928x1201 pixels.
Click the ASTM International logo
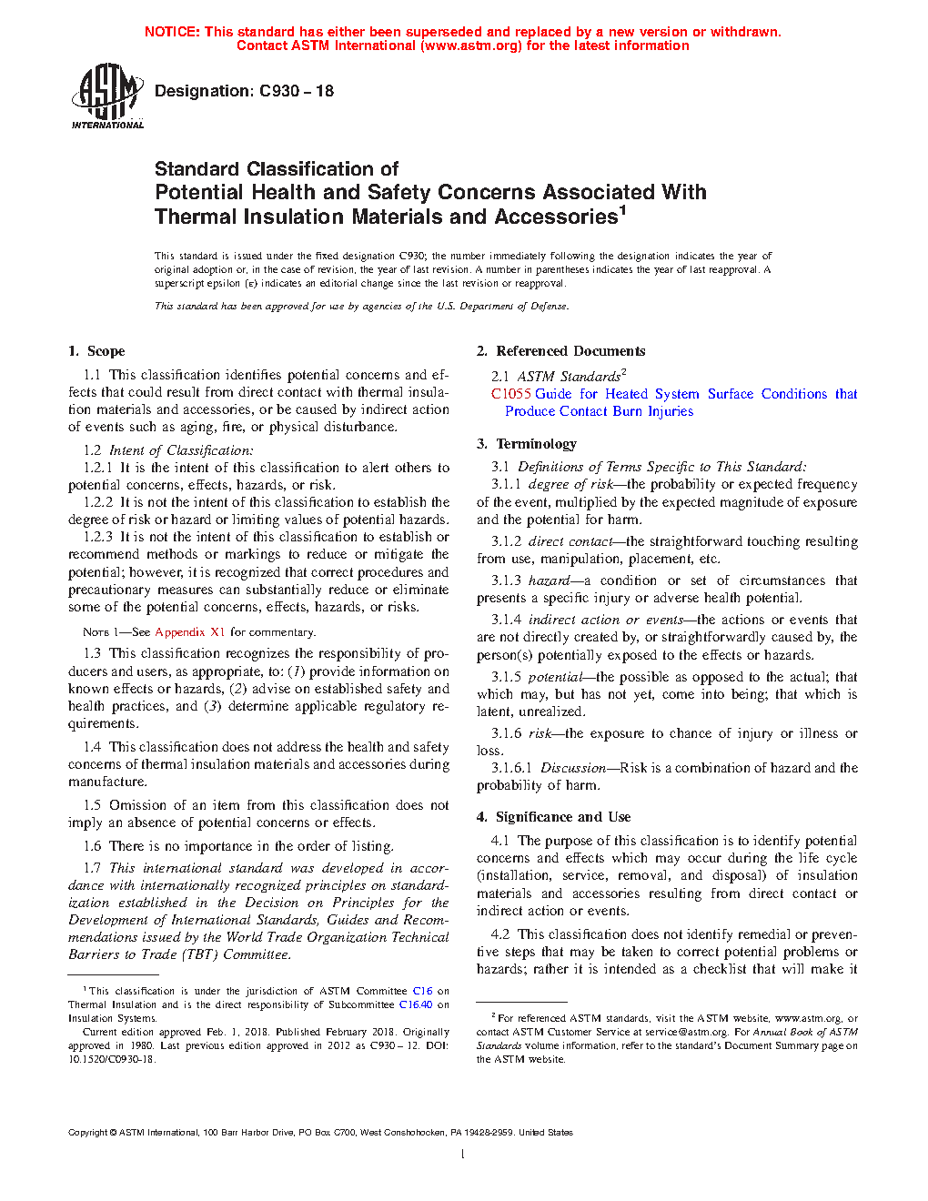tap(106, 96)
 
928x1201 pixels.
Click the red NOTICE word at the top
tap(172, 32)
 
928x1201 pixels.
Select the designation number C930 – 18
tap(297, 91)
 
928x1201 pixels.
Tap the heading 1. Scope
tap(96, 351)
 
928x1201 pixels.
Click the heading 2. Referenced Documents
tap(560, 351)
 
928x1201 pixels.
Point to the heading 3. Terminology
tap(527, 444)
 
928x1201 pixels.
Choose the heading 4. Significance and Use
tap(553, 817)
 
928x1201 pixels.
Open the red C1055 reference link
tap(510, 394)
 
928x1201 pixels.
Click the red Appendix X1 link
tap(189, 631)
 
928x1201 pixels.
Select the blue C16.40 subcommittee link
tap(416, 1004)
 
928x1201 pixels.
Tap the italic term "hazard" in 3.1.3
tap(549, 580)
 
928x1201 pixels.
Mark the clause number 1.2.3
tap(98, 537)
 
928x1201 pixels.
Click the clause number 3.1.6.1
tap(511, 768)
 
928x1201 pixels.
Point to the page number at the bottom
tap(463, 1155)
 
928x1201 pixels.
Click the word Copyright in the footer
tap(88, 1133)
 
